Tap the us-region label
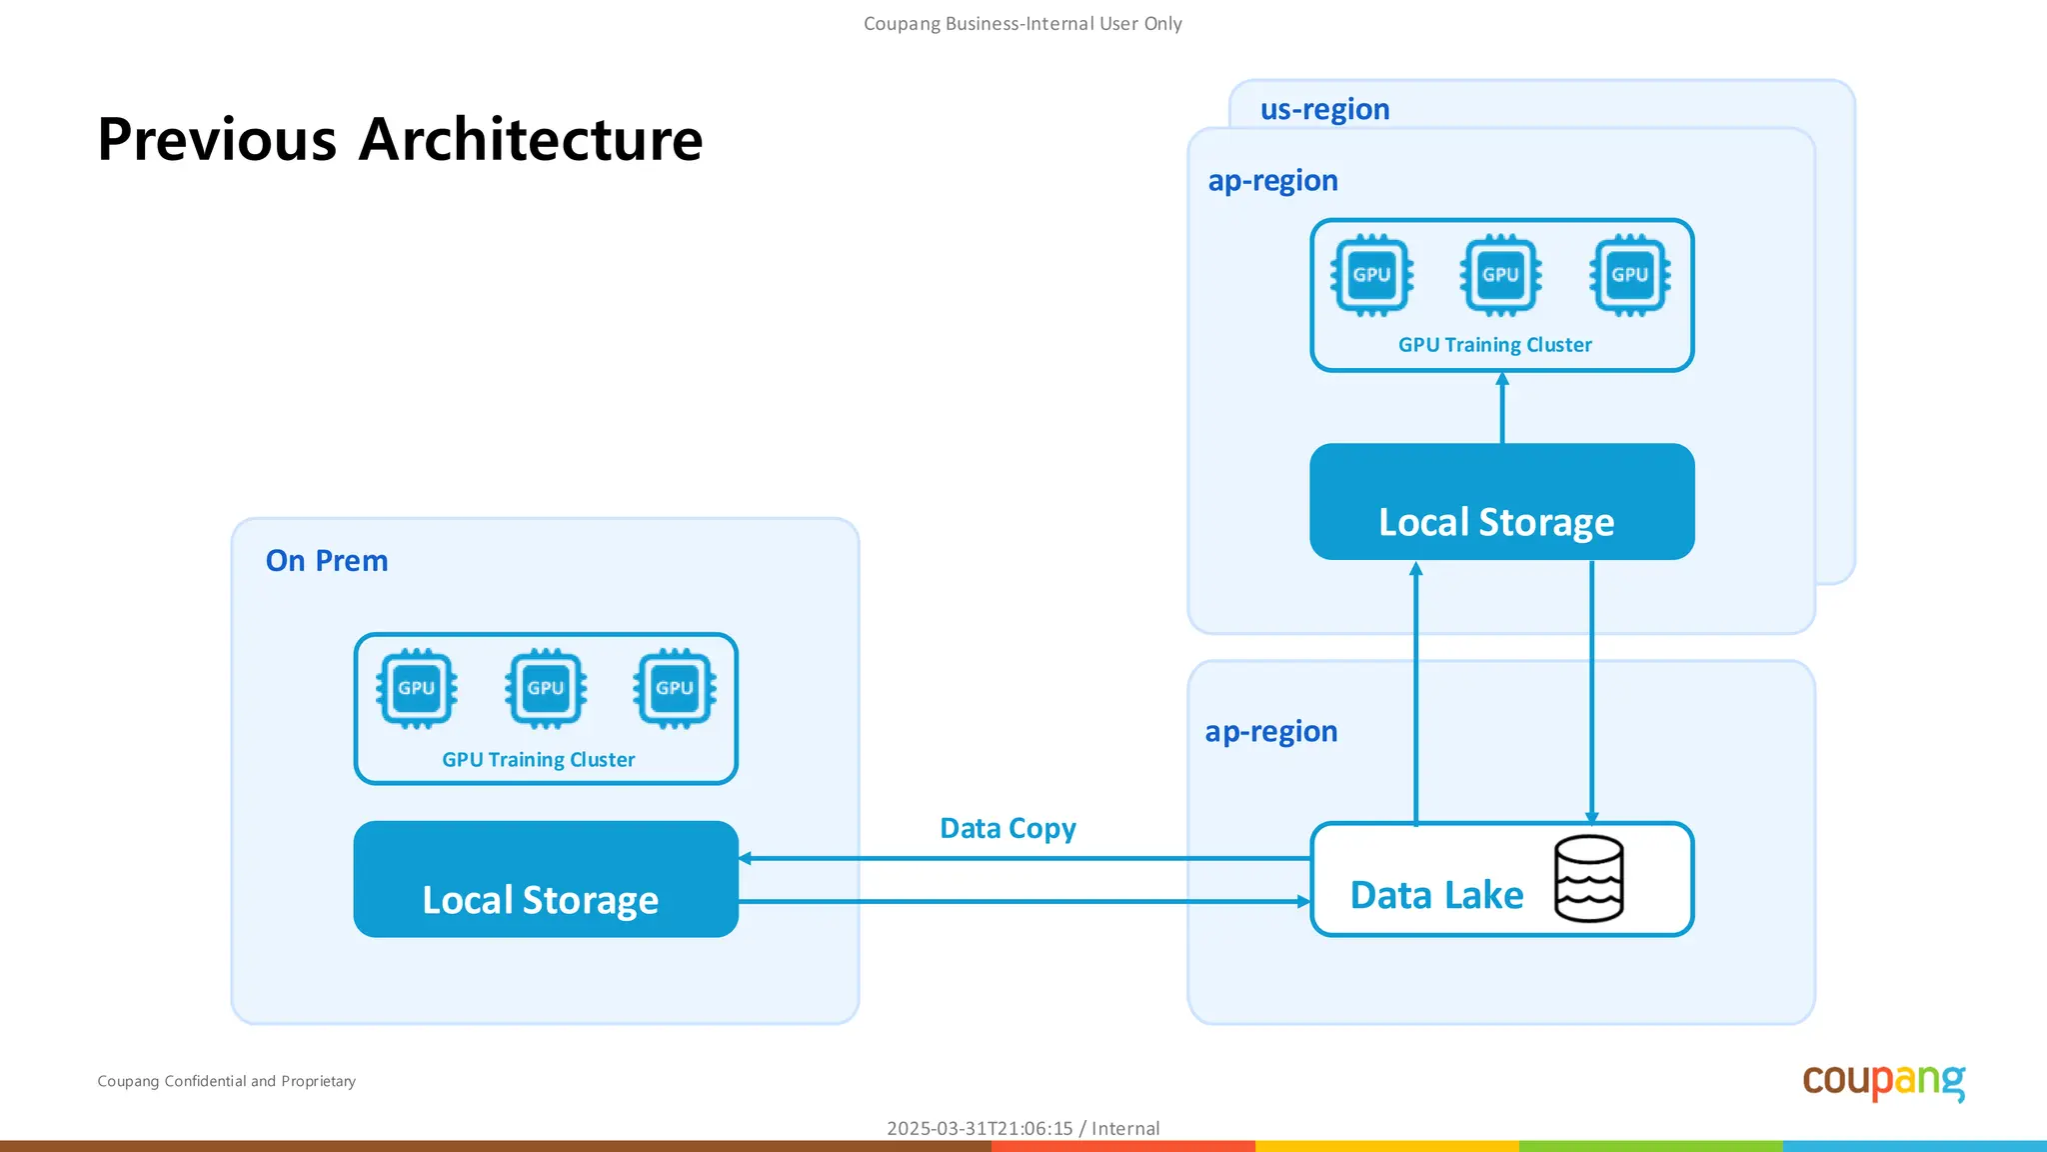pyautogui.click(x=1324, y=109)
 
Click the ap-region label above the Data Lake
pyautogui.click(x=1270, y=731)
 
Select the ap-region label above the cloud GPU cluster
pyautogui.click(x=1272, y=180)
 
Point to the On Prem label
pyautogui.click(x=327, y=560)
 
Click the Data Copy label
pyautogui.click(x=1008, y=828)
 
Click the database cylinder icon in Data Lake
pyautogui.click(x=1588, y=878)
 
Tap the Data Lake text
pyautogui.click(x=1436, y=895)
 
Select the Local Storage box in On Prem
pyautogui.click(x=546, y=880)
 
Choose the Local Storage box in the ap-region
pyautogui.click(x=1501, y=502)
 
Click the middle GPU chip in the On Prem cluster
pyautogui.click(x=546, y=688)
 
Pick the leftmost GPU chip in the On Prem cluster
pyautogui.click(x=417, y=688)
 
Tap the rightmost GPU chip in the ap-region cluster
pyautogui.click(x=1629, y=275)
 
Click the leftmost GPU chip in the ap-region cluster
pyautogui.click(x=1371, y=275)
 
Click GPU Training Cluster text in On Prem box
pyautogui.click(x=538, y=760)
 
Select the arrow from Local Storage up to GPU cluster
pyautogui.click(x=1502, y=408)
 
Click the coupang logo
pyautogui.click(x=1883, y=1081)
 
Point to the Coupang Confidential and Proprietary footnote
pyautogui.click(x=226, y=1081)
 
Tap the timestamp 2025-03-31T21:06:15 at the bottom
pyautogui.click(x=979, y=1128)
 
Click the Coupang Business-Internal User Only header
pyautogui.click(x=1023, y=23)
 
